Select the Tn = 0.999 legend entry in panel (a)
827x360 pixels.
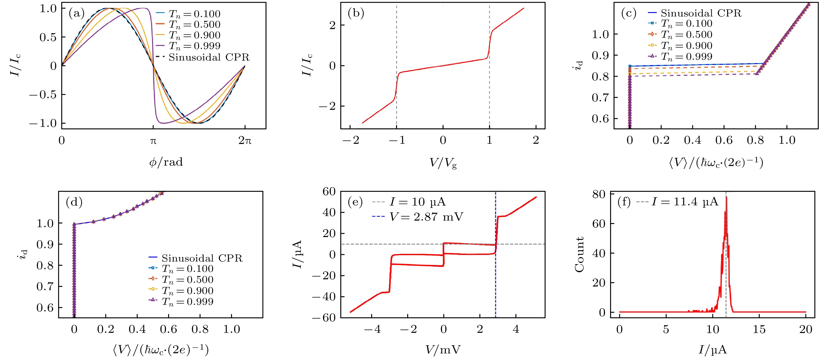[x=194, y=46]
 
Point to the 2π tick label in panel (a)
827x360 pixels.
[x=245, y=140]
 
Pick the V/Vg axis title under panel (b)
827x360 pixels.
[x=443, y=163]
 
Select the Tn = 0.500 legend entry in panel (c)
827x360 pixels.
[x=686, y=35]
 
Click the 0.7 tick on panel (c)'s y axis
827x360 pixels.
[x=600, y=98]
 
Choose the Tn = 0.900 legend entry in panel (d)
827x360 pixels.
[x=187, y=291]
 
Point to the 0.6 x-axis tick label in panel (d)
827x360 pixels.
[x=168, y=329]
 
